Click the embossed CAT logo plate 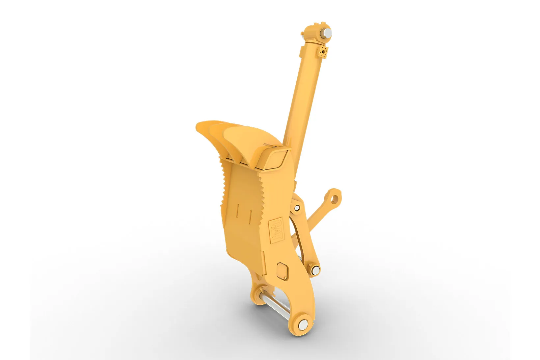(x=276, y=230)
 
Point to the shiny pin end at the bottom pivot (x=303, y=325)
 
